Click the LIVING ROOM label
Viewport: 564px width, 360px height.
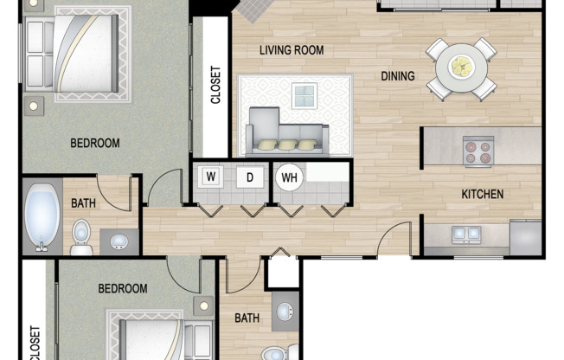point(292,50)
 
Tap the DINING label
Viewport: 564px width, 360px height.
point(398,76)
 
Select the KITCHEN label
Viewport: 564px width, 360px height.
point(482,194)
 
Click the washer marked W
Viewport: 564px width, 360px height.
point(210,177)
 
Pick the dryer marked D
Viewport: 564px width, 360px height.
point(250,177)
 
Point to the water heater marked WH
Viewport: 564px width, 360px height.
point(289,178)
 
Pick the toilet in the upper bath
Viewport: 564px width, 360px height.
point(81,235)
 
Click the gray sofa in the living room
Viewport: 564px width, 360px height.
point(285,134)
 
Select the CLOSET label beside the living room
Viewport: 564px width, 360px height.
point(215,86)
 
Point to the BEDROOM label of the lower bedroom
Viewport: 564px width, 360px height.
point(121,288)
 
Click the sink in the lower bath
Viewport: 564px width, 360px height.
point(286,310)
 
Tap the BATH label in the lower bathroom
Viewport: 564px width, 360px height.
point(247,318)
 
